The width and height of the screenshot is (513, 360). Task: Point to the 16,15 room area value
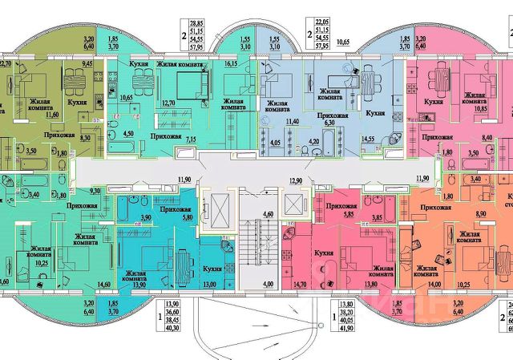point(233,61)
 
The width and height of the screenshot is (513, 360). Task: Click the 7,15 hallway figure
point(192,140)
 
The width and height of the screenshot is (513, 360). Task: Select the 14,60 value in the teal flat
point(102,283)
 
